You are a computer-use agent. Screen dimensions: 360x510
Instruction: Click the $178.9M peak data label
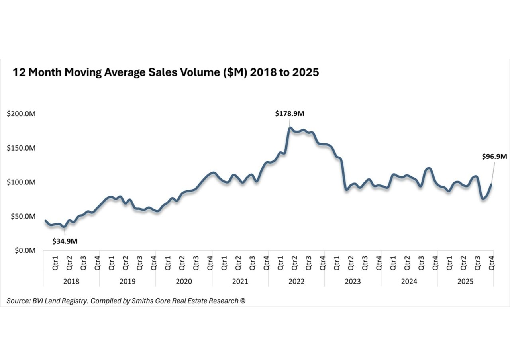click(x=290, y=114)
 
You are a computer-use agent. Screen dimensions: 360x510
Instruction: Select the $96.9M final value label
click(x=494, y=157)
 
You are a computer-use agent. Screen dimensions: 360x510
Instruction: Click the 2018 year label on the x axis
click(x=71, y=281)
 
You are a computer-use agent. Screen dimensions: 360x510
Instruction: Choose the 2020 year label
click(x=184, y=281)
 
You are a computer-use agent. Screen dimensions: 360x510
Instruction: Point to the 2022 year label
click(x=296, y=281)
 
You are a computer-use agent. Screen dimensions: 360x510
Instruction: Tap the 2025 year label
click(x=465, y=281)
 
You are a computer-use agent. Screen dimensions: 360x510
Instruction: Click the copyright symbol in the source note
click(x=243, y=301)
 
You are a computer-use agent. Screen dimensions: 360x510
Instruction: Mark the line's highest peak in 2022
click(x=290, y=128)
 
